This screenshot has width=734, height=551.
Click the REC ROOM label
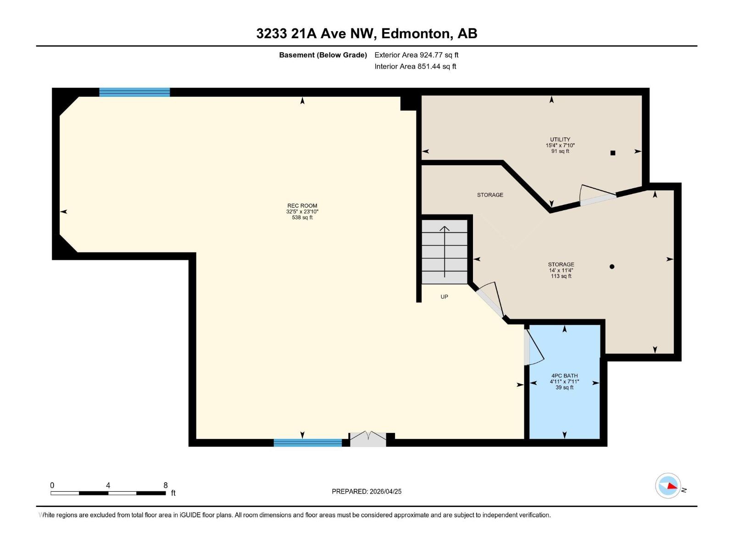click(302, 206)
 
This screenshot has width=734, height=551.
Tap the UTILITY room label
click(560, 140)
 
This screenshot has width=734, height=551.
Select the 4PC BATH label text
click(564, 376)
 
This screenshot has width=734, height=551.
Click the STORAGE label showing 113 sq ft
click(561, 265)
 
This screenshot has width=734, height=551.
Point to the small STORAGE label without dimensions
click(490, 195)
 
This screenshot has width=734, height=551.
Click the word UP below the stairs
click(444, 297)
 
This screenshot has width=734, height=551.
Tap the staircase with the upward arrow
click(445, 252)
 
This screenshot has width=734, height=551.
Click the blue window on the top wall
click(134, 92)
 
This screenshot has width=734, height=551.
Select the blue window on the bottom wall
click(308, 443)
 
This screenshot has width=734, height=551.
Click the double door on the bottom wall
click(368, 439)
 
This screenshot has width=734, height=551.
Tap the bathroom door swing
click(534, 348)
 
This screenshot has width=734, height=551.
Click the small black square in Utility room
click(612, 153)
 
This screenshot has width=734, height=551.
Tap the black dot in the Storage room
click(612, 266)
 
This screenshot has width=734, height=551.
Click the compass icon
click(668, 486)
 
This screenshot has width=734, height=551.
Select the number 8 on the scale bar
click(166, 485)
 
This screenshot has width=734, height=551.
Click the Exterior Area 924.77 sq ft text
click(416, 55)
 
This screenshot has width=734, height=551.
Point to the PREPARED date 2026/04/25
click(367, 491)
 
